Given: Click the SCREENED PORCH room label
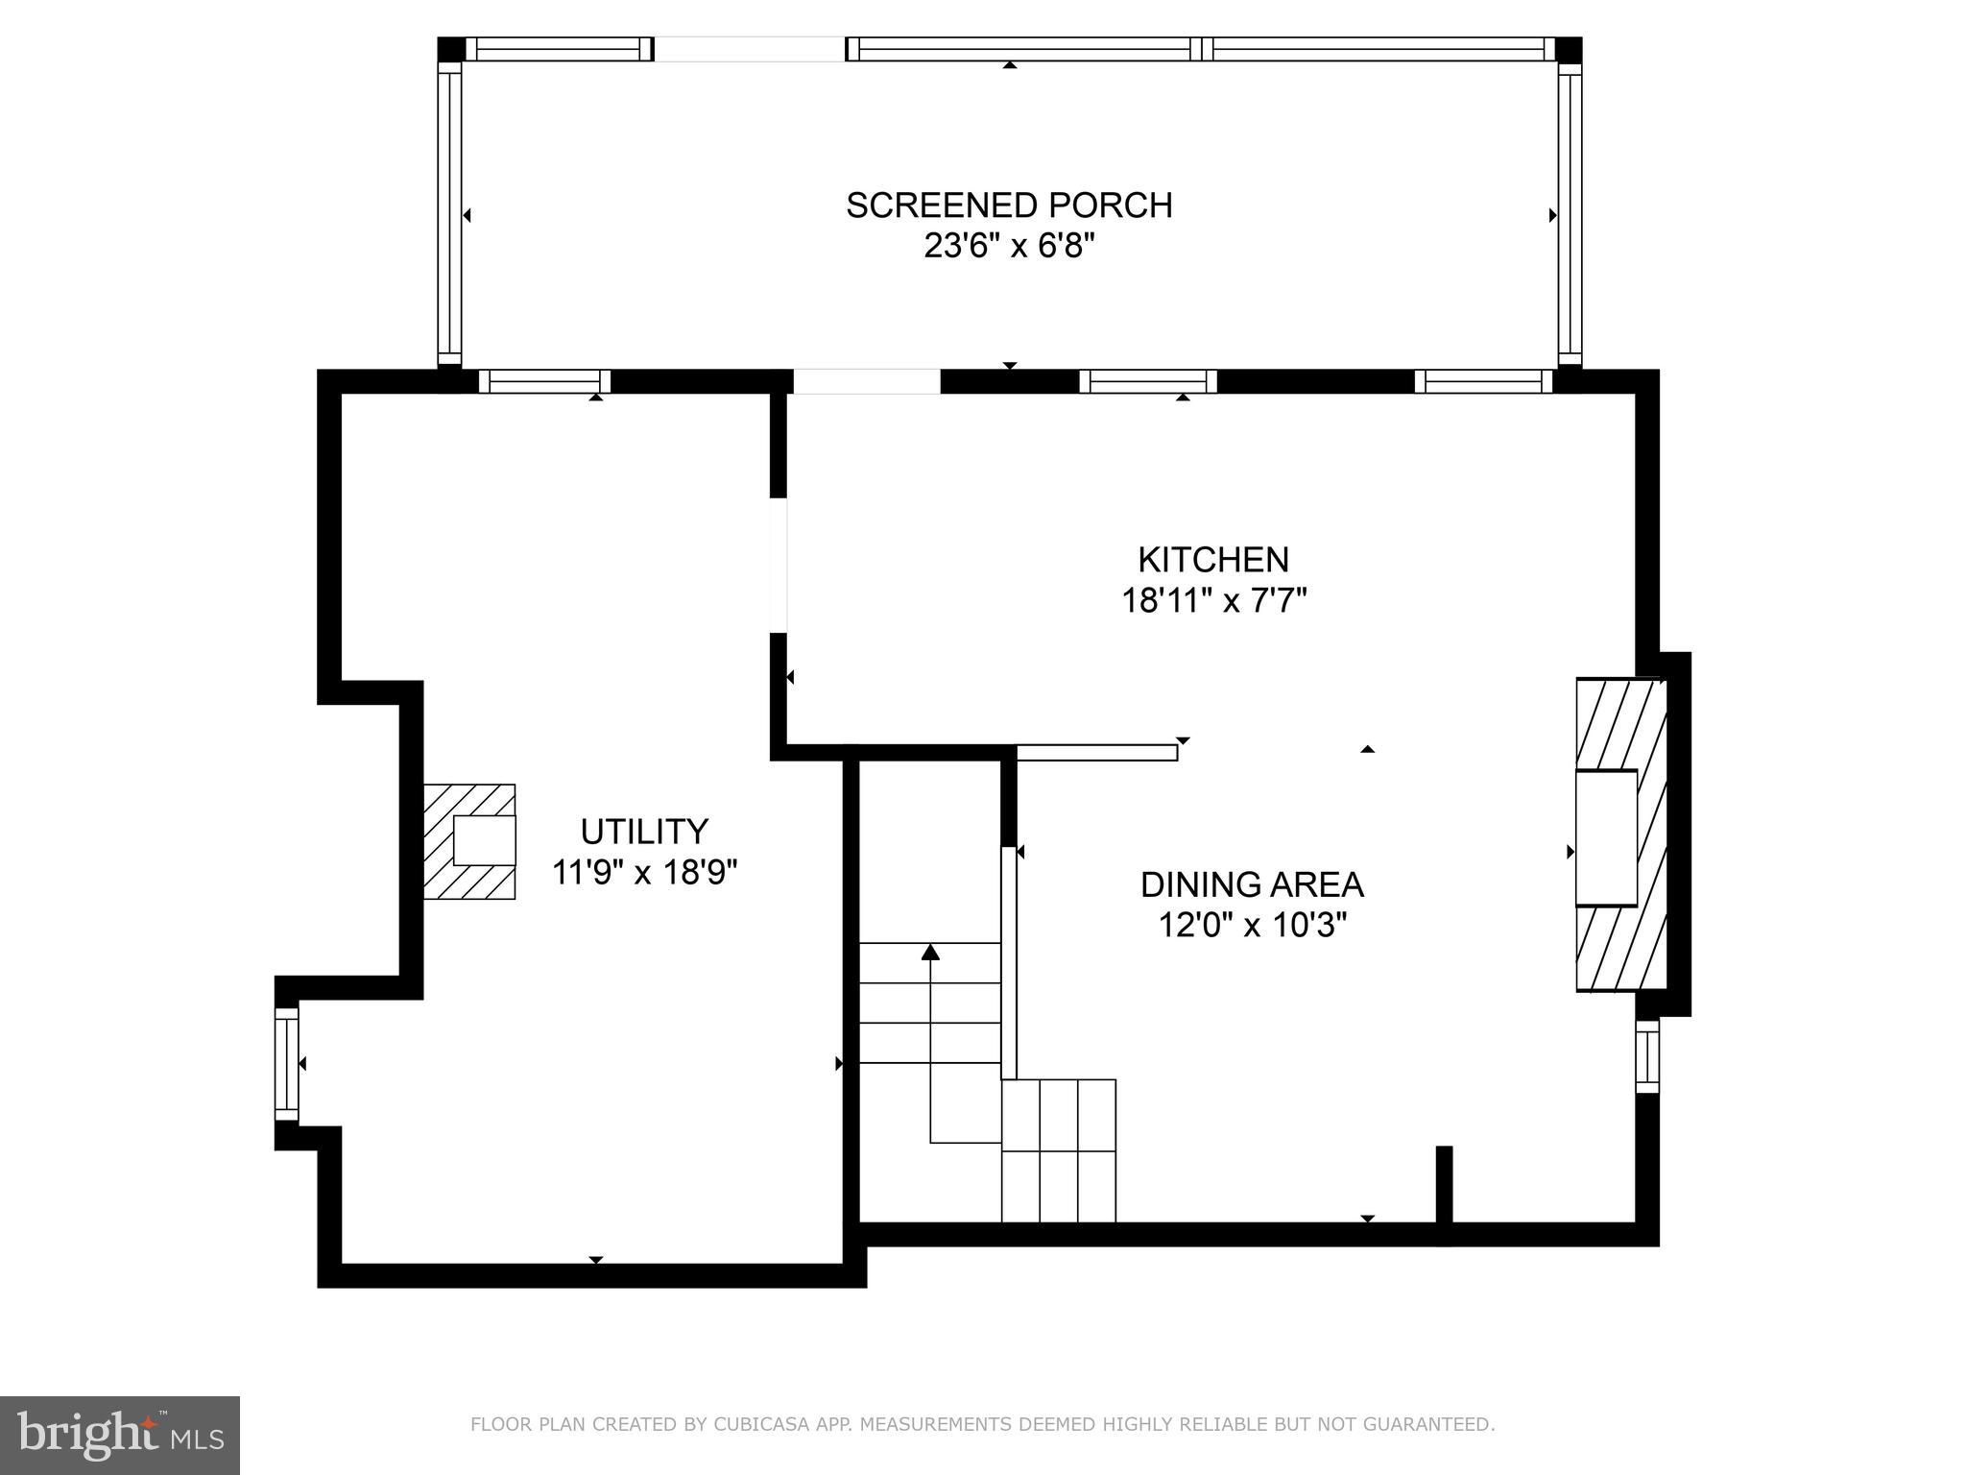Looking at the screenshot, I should (x=1009, y=206).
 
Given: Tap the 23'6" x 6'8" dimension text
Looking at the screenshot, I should (x=1009, y=247).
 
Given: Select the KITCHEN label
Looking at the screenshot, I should (x=1213, y=559).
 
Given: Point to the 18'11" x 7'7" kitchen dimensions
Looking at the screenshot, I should (x=1213, y=601).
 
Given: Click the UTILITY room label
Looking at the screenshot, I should (x=644, y=831).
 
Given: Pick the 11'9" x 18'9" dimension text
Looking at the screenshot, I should (x=644, y=873).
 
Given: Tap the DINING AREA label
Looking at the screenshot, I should (x=1252, y=883).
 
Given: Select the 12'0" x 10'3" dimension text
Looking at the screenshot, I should (x=1252, y=926).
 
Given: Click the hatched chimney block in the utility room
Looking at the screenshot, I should (x=468, y=841).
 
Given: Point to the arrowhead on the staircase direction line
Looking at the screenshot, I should (x=930, y=952).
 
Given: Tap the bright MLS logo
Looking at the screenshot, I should (x=119, y=1435).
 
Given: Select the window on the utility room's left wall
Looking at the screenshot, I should (x=286, y=1063).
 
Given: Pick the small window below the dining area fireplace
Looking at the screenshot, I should (x=1647, y=1056).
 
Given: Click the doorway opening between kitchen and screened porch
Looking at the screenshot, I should (x=866, y=381).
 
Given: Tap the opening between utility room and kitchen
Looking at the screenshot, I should (x=779, y=565).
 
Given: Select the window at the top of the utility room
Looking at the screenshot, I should (x=544, y=381).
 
